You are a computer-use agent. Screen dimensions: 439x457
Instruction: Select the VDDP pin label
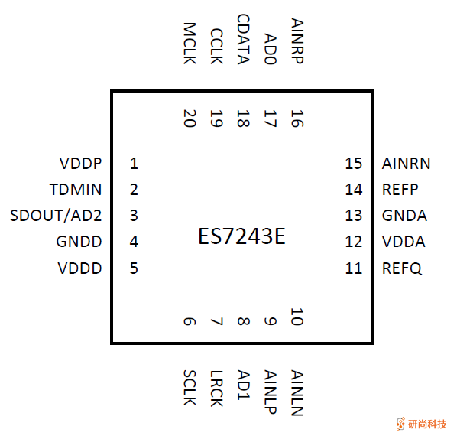pyautogui.click(x=80, y=164)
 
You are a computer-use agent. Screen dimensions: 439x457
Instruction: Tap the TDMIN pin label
pyautogui.click(x=76, y=190)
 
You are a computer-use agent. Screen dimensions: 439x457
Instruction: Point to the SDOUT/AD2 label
pyautogui.click(x=57, y=216)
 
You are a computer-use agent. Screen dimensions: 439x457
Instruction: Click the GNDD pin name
pyautogui.click(x=79, y=242)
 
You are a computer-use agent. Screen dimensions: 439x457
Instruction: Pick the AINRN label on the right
pyautogui.click(x=406, y=164)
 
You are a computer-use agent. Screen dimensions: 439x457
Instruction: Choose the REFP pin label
pyautogui.click(x=400, y=190)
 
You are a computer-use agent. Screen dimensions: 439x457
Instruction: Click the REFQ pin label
pyautogui.click(x=402, y=268)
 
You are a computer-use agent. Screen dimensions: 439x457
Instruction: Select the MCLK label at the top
pyautogui.click(x=190, y=44)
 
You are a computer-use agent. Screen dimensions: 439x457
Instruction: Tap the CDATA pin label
pyautogui.click(x=243, y=40)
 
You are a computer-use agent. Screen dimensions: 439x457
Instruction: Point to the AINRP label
pyautogui.click(x=297, y=41)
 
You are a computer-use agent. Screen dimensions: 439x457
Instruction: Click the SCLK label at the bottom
pyautogui.click(x=190, y=389)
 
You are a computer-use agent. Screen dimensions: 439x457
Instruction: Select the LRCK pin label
pyautogui.click(x=216, y=389)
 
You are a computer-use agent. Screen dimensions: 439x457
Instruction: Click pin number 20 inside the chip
pyautogui.click(x=190, y=118)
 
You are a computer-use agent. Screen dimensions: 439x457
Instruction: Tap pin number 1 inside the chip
pyautogui.click(x=134, y=164)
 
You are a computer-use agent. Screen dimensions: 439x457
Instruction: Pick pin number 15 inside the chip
pyautogui.click(x=352, y=164)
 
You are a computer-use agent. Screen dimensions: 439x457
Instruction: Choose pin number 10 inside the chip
pyautogui.click(x=297, y=317)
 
